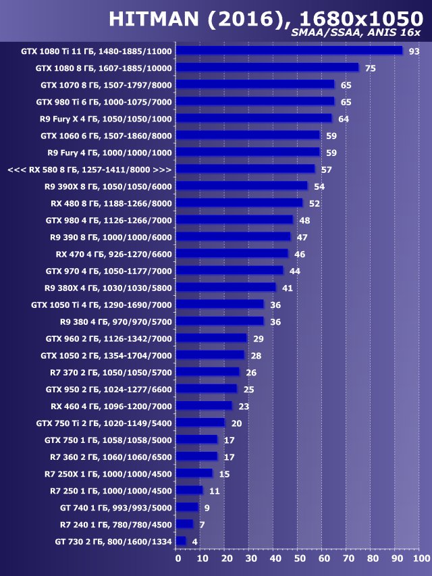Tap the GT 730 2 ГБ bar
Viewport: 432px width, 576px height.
point(181,541)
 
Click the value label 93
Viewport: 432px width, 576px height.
point(414,51)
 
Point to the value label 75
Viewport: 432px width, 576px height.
point(370,68)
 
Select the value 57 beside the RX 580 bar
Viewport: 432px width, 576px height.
point(326,169)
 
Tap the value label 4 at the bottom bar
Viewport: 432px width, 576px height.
point(194,542)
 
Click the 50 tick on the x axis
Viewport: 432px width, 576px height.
point(299,559)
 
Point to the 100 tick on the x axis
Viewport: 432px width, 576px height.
point(420,559)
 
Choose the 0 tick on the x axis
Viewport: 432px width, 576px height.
point(178,559)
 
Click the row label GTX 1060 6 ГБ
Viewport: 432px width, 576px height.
point(106,136)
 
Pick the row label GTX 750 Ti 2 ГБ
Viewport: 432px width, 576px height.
point(104,423)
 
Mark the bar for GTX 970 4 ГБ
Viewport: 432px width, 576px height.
point(230,270)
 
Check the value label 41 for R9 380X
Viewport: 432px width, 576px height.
point(287,288)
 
